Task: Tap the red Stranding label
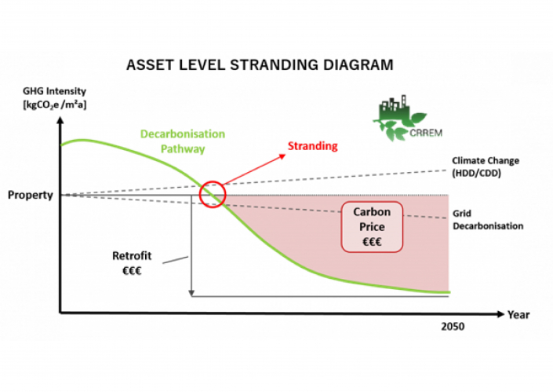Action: [x=312, y=146]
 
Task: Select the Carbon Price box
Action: [x=372, y=227]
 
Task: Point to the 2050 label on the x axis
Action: [x=453, y=327]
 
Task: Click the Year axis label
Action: [x=518, y=315]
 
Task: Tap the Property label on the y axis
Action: [x=31, y=195]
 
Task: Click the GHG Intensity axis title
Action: [x=54, y=98]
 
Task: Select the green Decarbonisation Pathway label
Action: [x=183, y=141]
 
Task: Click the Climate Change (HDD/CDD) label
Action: [x=486, y=167]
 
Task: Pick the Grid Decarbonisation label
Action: [x=488, y=220]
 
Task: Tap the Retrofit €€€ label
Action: [x=132, y=263]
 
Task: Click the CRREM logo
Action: [x=408, y=118]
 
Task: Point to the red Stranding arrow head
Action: [x=282, y=156]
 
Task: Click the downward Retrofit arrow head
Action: [x=191, y=293]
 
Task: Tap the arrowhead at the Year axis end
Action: [x=500, y=314]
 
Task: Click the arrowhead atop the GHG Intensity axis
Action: [x=60, y=120]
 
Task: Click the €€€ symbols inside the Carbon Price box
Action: [x=372, y=242]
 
